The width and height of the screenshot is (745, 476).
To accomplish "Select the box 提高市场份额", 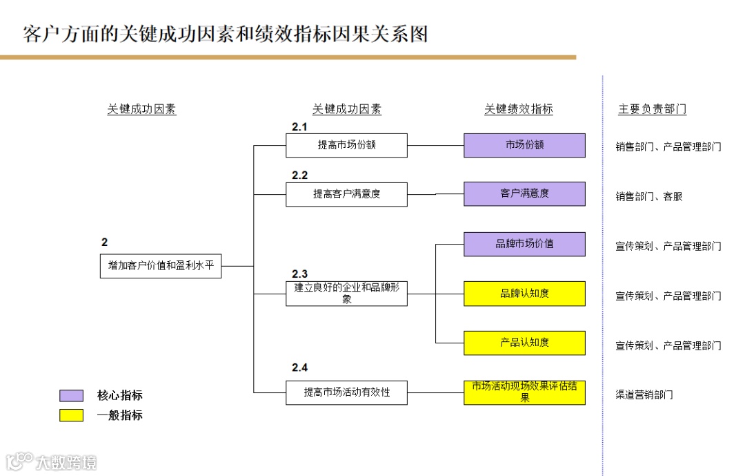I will click(x=346, y=145).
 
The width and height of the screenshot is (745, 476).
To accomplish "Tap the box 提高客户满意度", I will click(x=346, y=194).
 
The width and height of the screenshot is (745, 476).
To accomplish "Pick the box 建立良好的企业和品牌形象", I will click(x=346, y=294).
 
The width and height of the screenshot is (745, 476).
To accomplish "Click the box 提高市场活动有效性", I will click(x=346, y=392).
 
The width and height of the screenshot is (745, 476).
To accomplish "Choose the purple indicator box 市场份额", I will click(x=524, y=145).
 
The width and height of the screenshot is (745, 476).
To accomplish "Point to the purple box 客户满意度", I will click(x=524, y=194).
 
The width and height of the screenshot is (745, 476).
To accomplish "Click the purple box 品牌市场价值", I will click(x=524, y=244).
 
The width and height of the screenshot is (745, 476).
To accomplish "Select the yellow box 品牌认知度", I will click(x=524, y=294).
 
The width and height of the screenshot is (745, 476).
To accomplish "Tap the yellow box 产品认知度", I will click(x=524, y=343).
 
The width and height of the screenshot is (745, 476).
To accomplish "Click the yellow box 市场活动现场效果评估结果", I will click(x=524, y=392).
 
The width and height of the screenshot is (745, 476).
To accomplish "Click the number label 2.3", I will click(x=299, y=274).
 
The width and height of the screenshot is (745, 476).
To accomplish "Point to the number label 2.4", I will click(x=299, y=368).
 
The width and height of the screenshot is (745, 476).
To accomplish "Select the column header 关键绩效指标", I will click(x=519, y=109).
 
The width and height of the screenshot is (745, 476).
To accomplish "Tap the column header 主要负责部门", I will click(x=652, y=109).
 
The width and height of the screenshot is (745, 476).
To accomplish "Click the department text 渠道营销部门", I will click(x=644, y=395).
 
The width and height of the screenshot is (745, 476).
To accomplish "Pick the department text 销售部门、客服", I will click(x=648, y=197).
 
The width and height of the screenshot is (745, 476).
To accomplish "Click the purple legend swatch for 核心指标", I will click(x=71, y=396).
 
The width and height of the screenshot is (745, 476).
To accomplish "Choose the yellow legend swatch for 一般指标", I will click(x=71, y=415).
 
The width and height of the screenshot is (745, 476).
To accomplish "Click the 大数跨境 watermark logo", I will click(x=52, y=461).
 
